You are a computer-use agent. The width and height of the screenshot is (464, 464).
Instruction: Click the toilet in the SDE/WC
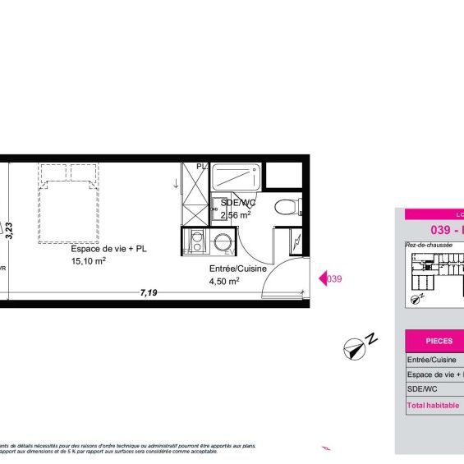coord(287,206)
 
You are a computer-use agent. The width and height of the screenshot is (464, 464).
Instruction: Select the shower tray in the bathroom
coord(237,177)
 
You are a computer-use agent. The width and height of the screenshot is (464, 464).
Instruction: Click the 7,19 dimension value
coord(149,292)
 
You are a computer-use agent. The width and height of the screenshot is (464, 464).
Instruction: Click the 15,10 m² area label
coord(88,262)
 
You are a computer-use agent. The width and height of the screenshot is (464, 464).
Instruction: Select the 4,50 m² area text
coord(224,281)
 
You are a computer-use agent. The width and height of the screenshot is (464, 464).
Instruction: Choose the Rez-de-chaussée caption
coord(428,245)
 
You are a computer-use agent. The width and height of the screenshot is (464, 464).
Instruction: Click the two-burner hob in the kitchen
coord(196,242)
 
